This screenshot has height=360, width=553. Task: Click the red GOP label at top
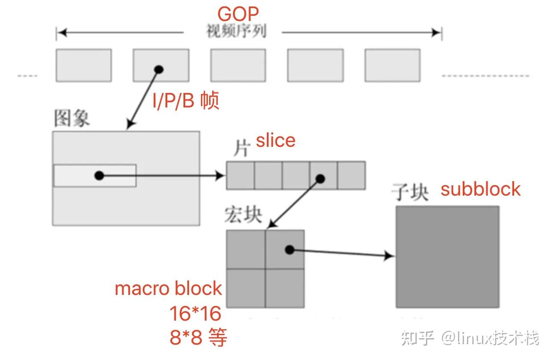coord(238,14)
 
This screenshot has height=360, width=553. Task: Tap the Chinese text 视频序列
coord(236,32)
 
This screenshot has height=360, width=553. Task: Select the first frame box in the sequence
coord(84,65)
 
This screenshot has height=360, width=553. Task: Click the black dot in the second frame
coord(159,69)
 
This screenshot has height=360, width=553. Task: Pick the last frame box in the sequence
coord(392,65)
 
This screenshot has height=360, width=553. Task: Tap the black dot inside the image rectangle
coord(99,175)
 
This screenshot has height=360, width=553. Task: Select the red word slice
coord(275,141)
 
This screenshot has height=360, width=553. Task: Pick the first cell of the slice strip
coord(240,175)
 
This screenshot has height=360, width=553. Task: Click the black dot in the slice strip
coord(320,179)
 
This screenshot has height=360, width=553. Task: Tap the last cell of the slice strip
coord(351,175)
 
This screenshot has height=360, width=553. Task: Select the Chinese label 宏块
coord(243,215)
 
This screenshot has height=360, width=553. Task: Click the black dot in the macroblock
coord(290,250)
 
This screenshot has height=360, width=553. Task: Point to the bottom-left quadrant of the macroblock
coord(246,288)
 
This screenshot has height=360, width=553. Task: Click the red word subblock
coord(481,189)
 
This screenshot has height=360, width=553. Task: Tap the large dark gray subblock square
coord(447,257)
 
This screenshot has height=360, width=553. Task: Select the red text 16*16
coord(195,314)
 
